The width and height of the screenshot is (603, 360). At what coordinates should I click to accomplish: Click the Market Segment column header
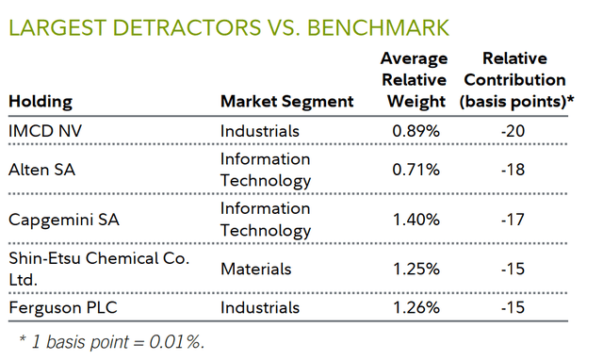click(x=286, y=101)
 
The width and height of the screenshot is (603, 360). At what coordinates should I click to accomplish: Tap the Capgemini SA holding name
click(x=60, y=218)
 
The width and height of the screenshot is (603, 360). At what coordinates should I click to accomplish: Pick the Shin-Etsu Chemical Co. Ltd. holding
click(x=85, y=269)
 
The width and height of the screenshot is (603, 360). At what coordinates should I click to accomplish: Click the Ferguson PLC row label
click(x=57, y=307)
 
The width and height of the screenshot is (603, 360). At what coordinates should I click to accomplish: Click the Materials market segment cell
click(x=255, y=269)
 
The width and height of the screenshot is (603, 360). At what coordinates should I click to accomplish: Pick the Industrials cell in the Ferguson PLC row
click(x=260, y=307)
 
